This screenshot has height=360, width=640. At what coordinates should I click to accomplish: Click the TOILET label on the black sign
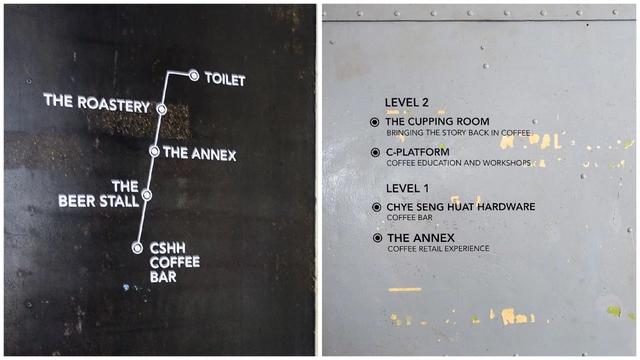pos(225,79)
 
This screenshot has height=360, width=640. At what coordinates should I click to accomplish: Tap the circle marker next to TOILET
pos(194,76)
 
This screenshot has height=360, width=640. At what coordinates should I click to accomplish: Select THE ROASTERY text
pos(97,103)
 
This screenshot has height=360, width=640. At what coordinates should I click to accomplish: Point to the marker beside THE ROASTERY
pos(162,109)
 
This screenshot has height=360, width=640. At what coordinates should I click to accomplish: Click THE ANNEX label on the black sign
pos(200,153)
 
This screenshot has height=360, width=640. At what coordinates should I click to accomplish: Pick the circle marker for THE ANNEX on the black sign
pos(154,151)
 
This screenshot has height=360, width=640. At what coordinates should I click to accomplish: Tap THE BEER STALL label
pos(99,194)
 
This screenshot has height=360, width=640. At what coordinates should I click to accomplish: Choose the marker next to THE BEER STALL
pos(147,195)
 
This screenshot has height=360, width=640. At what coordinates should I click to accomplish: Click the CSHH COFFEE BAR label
pos(175,262)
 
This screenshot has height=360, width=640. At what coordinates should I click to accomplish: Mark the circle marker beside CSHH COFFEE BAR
pos(138,248)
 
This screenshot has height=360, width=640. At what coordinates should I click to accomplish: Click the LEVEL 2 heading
pos(407,102)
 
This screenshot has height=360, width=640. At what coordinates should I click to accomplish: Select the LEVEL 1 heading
pos(407,188)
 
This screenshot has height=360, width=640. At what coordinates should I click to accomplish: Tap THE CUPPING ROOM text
pos(437,121)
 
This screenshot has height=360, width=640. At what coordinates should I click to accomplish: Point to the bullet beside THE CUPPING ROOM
pos(374,122)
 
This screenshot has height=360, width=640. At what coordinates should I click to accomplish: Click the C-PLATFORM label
pos(418,152)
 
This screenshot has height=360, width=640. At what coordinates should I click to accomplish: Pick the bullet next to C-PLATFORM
pos(375,152)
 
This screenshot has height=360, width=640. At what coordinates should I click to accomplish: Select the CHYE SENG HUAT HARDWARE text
pos(461,207)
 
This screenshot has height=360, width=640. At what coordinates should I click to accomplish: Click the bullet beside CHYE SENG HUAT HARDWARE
pos(376,207)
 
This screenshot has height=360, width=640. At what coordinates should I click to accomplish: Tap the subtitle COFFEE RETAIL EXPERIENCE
pos(438,249)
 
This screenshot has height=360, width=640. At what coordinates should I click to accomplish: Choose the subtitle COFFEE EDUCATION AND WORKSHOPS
pos(458,163)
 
